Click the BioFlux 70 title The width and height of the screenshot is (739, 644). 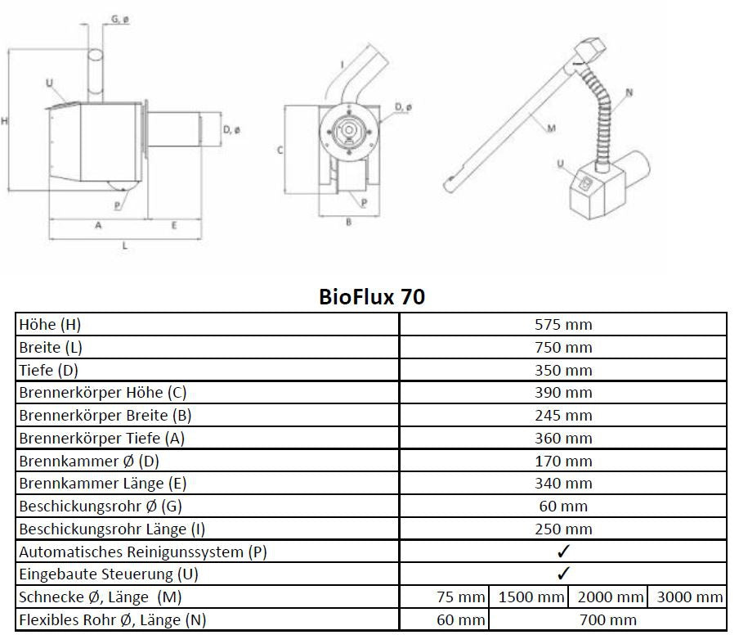[x=372, y=296]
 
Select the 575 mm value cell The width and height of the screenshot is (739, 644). [x=562, y=324]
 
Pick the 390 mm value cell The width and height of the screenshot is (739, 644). [x=562, y=393]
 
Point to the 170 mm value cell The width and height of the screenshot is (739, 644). [x=562, y=461]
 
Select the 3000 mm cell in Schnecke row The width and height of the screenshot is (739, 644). [x=689, y=597]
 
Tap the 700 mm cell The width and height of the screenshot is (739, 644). [x=607, y=619]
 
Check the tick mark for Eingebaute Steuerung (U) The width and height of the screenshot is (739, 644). [x=562, y=574]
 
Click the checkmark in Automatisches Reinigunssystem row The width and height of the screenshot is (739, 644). [x=562, y=552]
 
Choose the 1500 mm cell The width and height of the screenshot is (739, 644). [x=531, y=597]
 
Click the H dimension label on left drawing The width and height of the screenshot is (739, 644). [x=6, y=121]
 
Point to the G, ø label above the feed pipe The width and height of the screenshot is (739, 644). [x=119, y=19]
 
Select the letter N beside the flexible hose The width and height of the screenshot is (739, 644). [x=628, y=93]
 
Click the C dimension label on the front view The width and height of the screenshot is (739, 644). [x=280, y=150]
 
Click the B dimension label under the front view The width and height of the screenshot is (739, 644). [x=348, y=223]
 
